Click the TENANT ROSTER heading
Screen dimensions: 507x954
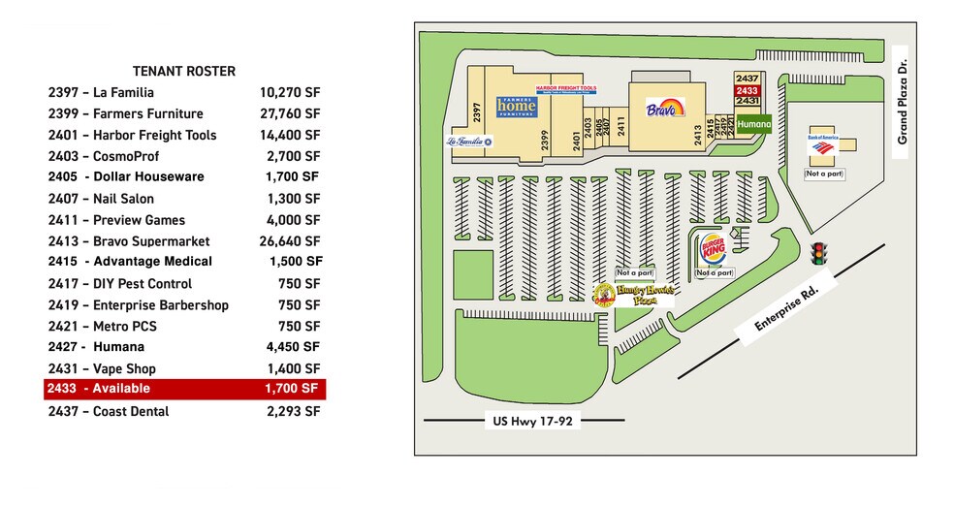(183, 71)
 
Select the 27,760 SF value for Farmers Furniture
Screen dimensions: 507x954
(289, 113)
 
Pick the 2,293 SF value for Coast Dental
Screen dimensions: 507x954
(293, 411)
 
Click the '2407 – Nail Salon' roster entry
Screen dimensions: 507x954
(101, 199)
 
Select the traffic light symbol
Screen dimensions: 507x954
(819, 254)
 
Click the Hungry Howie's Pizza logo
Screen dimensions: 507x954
(633, 295)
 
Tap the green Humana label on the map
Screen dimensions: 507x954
(753, 125)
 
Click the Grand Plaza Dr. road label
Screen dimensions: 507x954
(902, 111)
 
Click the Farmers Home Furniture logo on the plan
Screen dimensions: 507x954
(516, 107)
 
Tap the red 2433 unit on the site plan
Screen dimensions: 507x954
(747, 89)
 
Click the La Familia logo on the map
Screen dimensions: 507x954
(468, 142)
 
